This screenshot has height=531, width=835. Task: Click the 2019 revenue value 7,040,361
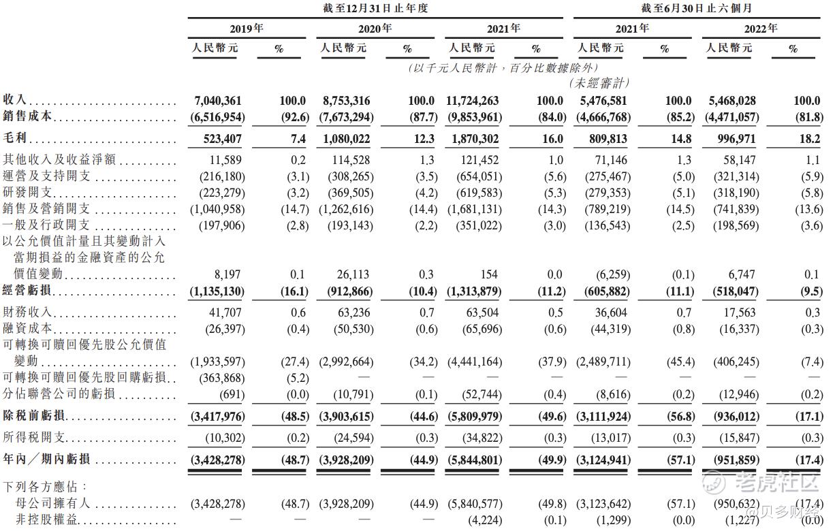[219, 101]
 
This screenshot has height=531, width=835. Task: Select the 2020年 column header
[375, 29]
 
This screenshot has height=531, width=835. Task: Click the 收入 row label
[14, 101]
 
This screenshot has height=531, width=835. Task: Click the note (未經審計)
[599, 83]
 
